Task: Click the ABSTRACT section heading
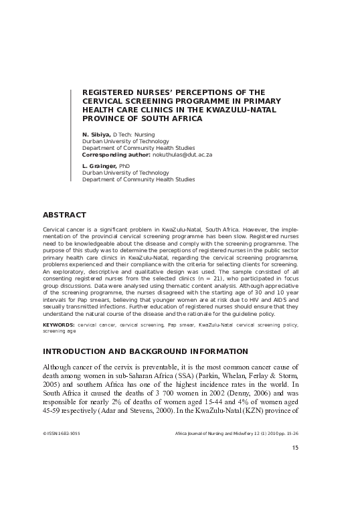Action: click(64, 215)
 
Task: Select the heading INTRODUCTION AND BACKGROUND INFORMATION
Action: click(145, 351)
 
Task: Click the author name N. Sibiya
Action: click(96, 135)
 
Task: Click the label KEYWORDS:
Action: click(58, 324)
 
